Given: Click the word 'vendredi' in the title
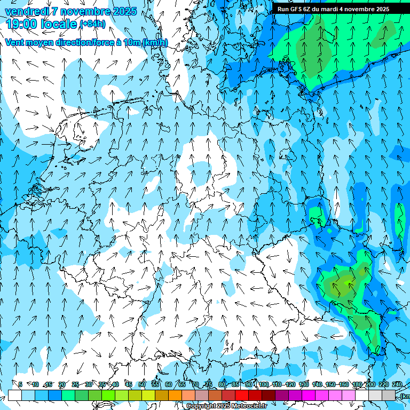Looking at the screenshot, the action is click(25, 11).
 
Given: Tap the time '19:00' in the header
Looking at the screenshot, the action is click(21, 23).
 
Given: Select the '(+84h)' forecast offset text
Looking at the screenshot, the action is click(92, 24).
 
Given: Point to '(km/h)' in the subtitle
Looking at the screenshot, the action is click(155, 43).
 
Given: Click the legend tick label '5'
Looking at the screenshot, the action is click(20, 384).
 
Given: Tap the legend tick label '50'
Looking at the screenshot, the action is click(142, 384).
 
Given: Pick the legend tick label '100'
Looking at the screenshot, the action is click(264, 384).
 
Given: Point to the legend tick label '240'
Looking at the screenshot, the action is click(397, 384).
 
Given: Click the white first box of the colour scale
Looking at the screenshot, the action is click(15, 395).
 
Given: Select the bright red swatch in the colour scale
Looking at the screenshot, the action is click(242, 395).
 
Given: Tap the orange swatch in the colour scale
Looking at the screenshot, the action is click(175, 395).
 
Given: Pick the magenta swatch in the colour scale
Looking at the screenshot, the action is click(309, 395).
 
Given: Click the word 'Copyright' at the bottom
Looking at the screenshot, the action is click(201, 406).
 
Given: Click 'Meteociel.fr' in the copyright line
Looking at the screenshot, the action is click(249, 406).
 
